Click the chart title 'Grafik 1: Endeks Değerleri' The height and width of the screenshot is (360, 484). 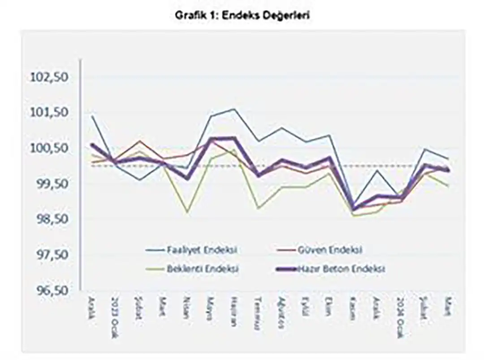242,15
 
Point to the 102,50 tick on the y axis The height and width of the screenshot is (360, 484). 49,77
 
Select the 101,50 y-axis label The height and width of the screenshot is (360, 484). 49,113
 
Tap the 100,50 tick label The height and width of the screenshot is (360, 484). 49,148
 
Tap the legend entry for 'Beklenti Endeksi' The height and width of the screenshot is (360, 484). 202,269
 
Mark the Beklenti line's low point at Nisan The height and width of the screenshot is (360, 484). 187,211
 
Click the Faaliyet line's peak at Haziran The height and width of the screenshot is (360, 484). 234,109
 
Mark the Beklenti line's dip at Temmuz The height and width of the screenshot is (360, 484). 258,208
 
